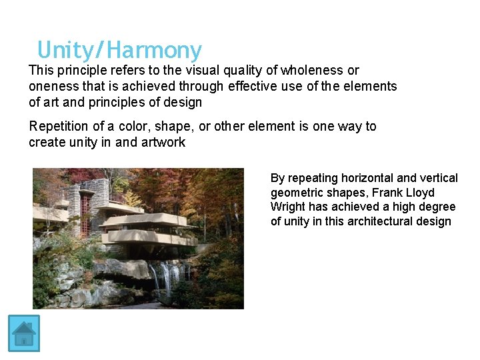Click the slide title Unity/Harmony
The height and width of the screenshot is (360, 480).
pyautogui.click(x=119, y=50)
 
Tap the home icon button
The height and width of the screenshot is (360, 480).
pyautogui.click(x=24, y=333)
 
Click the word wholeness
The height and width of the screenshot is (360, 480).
pyautogui.click(x=313, y=70)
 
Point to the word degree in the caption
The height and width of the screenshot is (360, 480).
pyautogui.click(x=437, y=207)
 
